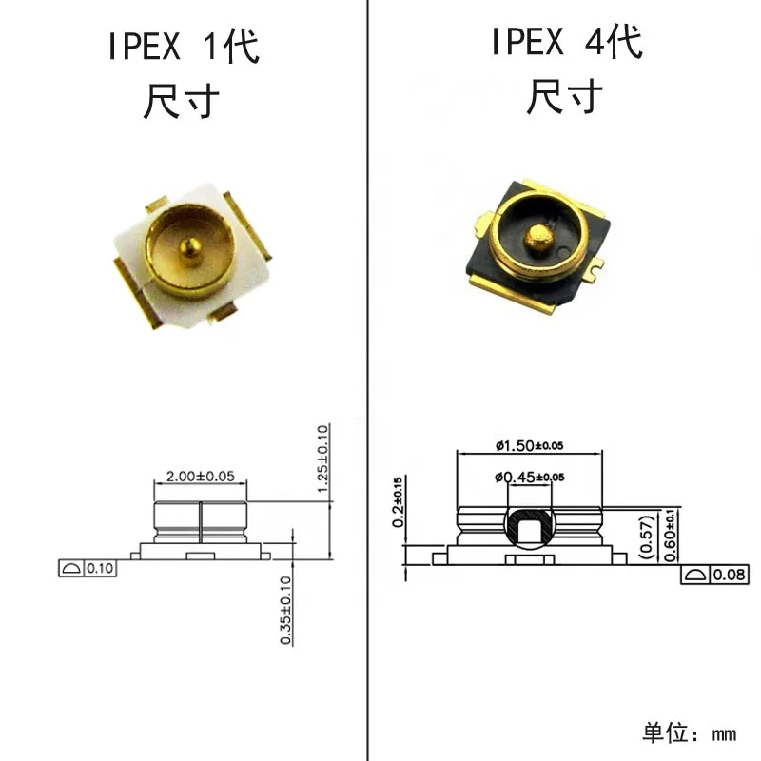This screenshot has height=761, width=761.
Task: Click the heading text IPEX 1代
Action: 184,46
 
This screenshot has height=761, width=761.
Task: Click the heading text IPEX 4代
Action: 567,42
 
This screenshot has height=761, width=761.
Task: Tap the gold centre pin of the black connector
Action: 538,240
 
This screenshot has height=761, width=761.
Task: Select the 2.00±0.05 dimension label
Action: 201,477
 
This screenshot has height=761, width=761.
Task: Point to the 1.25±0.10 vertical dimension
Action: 322,459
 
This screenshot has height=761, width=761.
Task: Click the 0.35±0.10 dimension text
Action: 286,611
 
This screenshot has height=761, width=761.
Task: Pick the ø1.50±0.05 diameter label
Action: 530,445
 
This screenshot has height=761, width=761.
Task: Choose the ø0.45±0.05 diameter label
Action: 530,478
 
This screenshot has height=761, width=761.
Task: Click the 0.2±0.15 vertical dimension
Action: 398,502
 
